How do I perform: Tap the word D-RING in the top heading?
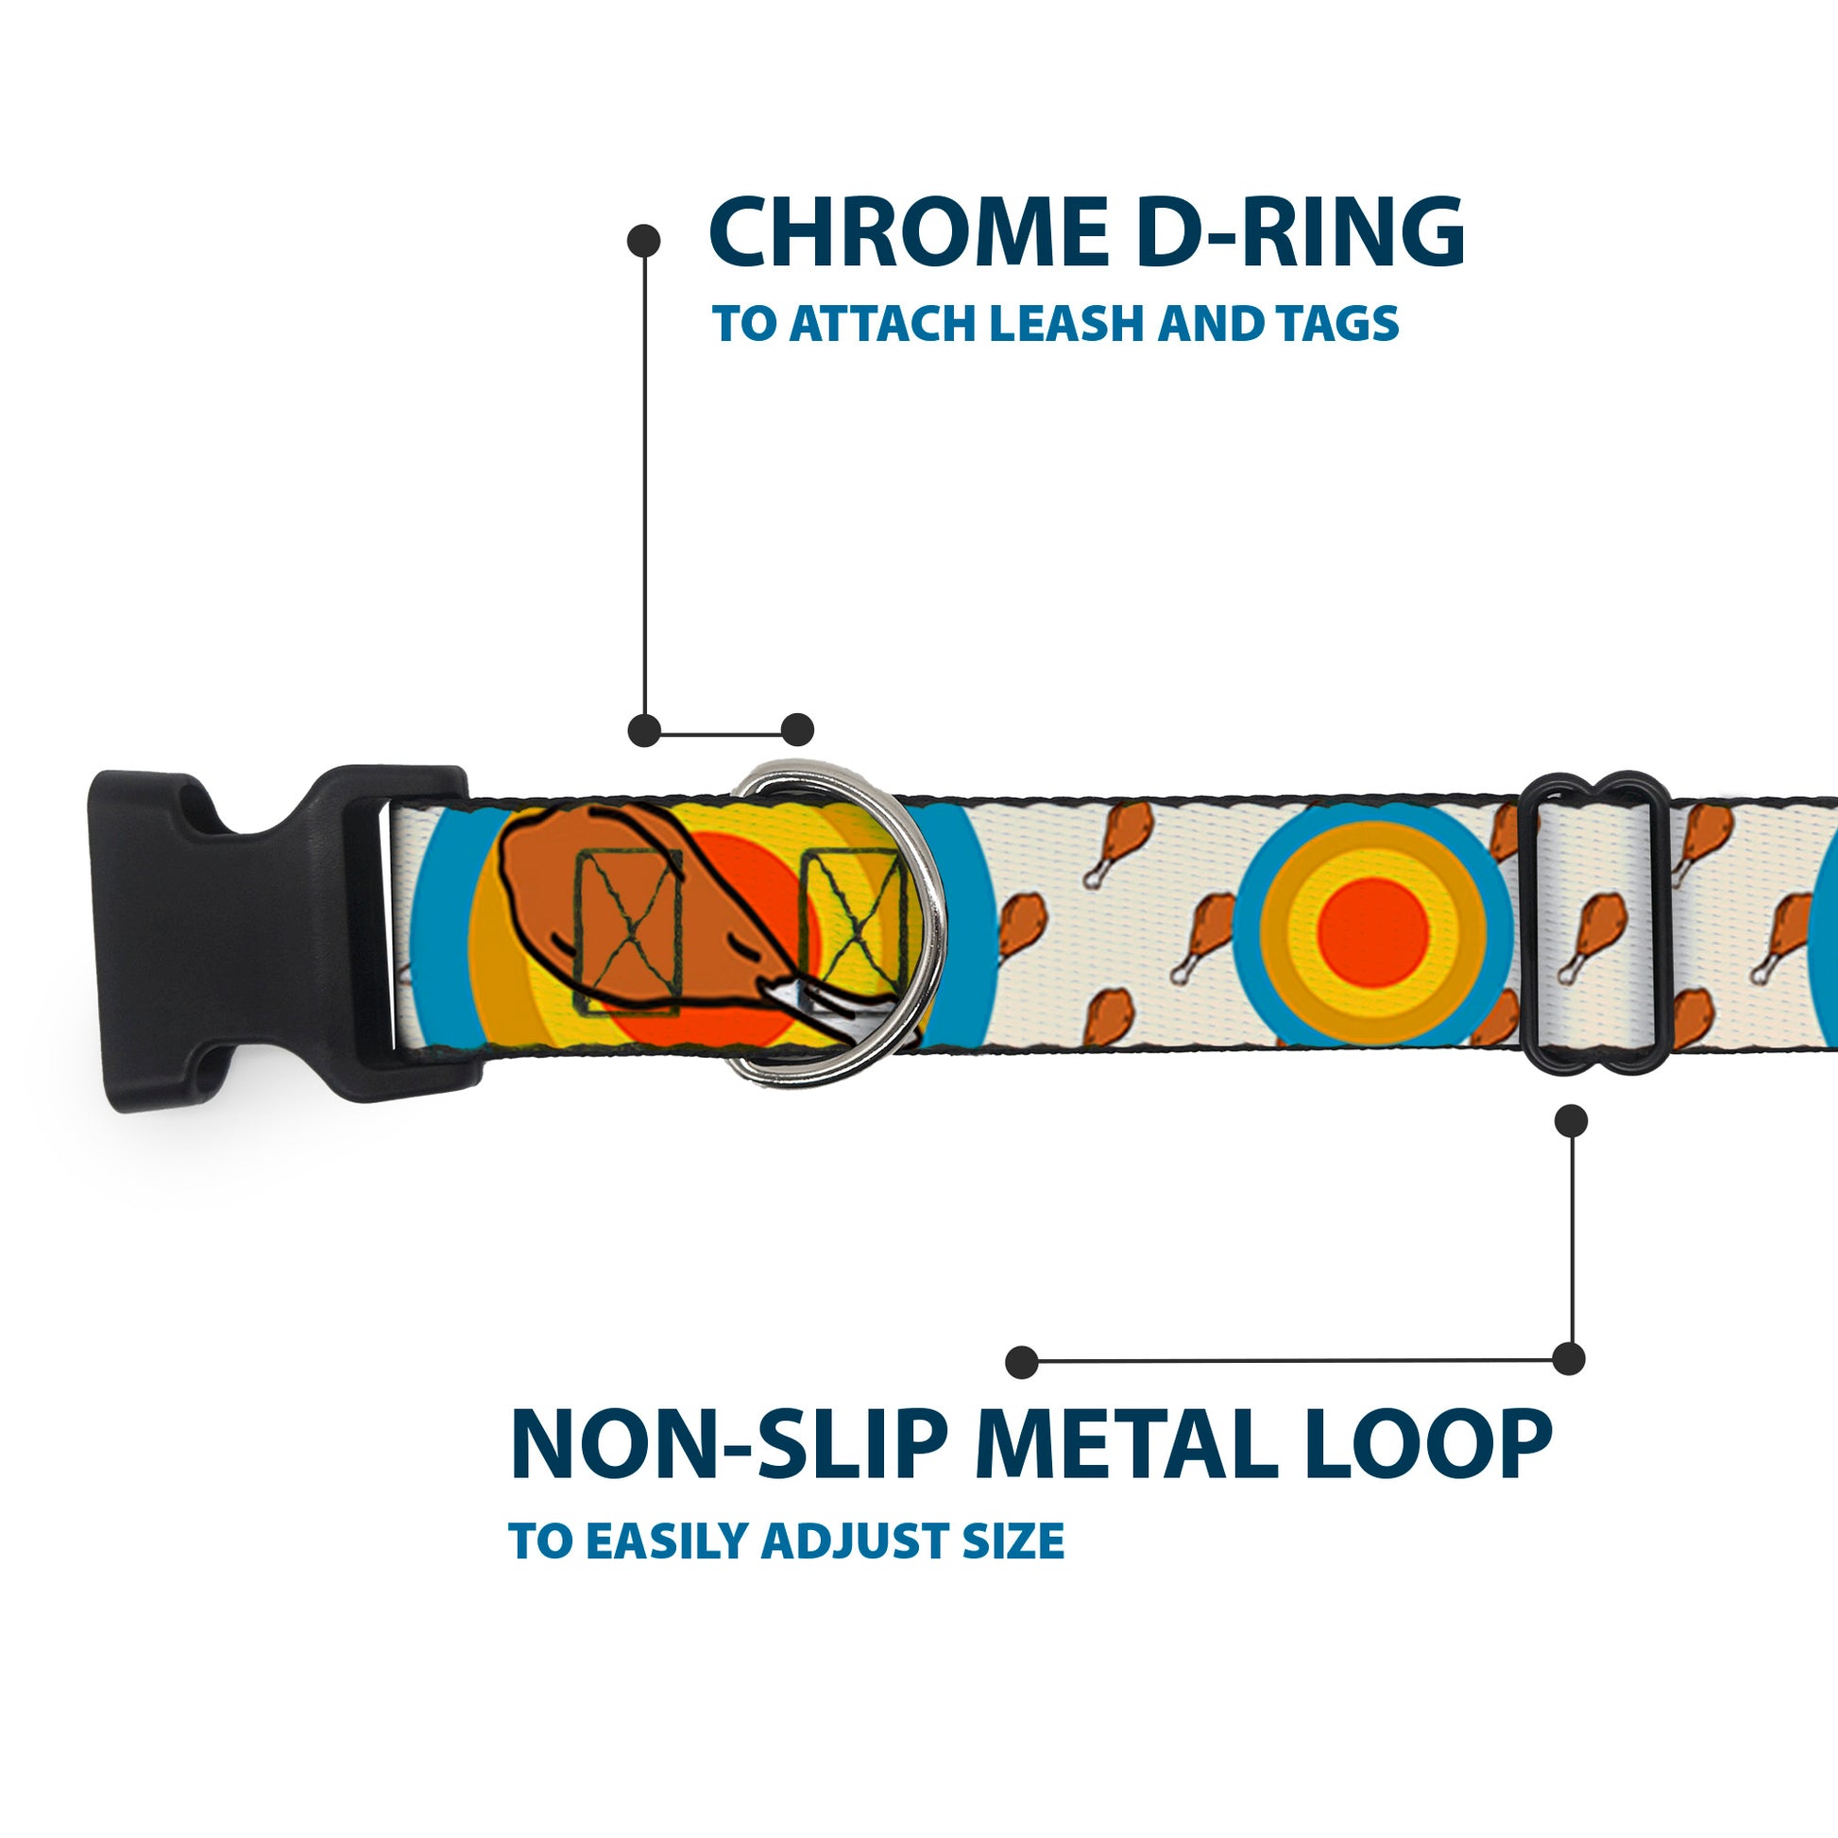(x=1299, y=233)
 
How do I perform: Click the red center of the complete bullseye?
(x=1373, y=931)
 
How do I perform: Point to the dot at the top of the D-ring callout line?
(x=644, y=241)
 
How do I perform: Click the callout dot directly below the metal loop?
(x=1571, y=1121)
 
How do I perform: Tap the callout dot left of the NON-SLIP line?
(x=1022, y=1362)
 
